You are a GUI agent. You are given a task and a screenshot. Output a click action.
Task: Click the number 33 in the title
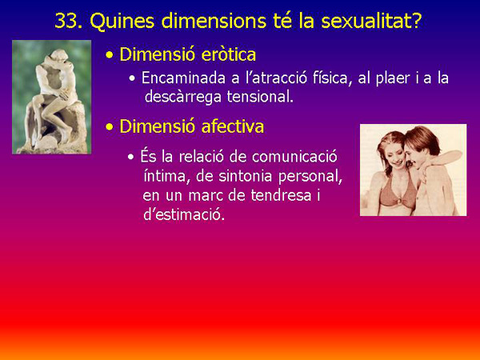tap(66, 20)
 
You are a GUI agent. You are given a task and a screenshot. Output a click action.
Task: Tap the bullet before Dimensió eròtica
tap(110, 56)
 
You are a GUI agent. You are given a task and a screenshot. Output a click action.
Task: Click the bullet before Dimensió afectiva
tap(110, 127)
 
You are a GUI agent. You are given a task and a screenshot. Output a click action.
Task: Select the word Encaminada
tap(181, 78)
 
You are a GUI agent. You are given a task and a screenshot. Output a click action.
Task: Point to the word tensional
tap(259, 97)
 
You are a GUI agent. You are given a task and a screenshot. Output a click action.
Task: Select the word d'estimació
tap(184, 214)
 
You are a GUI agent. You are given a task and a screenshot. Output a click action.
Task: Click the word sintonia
tap(237, 175)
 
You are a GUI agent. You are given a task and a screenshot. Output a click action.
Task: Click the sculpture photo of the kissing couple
tap(52, 96)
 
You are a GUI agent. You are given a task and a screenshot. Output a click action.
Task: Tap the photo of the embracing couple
tap(413, 170)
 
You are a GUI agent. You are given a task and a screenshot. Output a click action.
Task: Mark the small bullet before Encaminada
tap(132, 79)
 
